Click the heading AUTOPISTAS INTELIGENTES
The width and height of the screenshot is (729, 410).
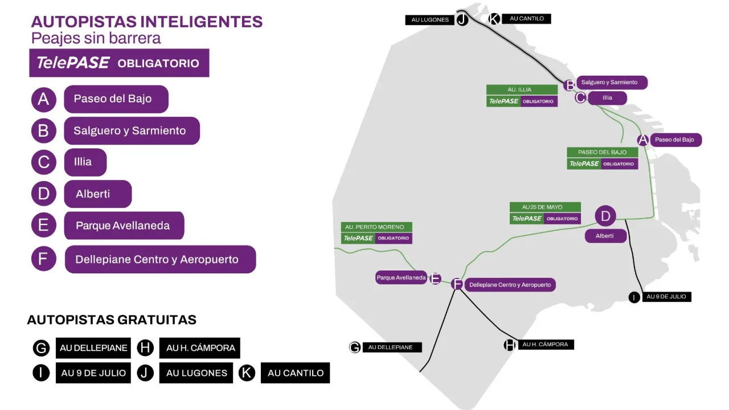tap(146, 22)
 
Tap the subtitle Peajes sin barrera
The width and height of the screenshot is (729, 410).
tap(96, 38)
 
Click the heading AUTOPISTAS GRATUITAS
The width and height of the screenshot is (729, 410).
tap(112, 320)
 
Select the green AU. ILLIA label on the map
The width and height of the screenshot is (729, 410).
tap(522, 89)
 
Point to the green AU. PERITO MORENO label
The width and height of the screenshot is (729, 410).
tap(376, 227)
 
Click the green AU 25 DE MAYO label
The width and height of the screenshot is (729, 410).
tap(544, 207)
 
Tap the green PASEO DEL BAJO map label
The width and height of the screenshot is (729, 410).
tap(602, 152)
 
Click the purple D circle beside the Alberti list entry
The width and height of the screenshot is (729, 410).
tap(43, 194)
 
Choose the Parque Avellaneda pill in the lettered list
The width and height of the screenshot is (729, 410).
tap(124, 225)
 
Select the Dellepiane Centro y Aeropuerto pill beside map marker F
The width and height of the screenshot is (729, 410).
tap(510, 285)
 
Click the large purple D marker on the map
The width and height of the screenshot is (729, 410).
tap(605, 216)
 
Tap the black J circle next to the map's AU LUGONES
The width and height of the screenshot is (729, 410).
tap(462, 20)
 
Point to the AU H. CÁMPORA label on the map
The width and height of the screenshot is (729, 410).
tap(545, 345)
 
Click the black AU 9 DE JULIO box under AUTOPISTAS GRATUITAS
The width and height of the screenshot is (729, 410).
tap(94, 373)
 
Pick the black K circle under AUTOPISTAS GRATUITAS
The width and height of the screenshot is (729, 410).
tap(247, 373)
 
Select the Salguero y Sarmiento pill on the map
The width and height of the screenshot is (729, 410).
tap(611, 83)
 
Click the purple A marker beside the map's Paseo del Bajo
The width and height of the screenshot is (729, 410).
tap(643, 140)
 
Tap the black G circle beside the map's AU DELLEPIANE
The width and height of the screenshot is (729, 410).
tap(355, 347)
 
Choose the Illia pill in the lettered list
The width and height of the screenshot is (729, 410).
tap(84, 162)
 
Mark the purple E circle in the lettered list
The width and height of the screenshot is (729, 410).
tap(43, 225)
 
